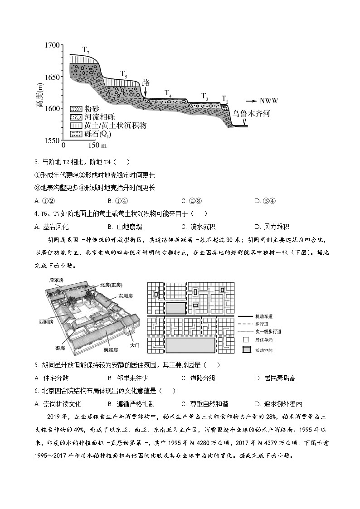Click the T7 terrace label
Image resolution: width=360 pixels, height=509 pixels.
[86, 49]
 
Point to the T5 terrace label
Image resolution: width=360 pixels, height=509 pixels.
[124, 73]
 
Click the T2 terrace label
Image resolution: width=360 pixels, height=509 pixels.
[225, 99]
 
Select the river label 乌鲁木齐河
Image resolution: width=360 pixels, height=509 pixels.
[251, 113]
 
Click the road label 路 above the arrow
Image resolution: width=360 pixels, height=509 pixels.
[146, 83]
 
